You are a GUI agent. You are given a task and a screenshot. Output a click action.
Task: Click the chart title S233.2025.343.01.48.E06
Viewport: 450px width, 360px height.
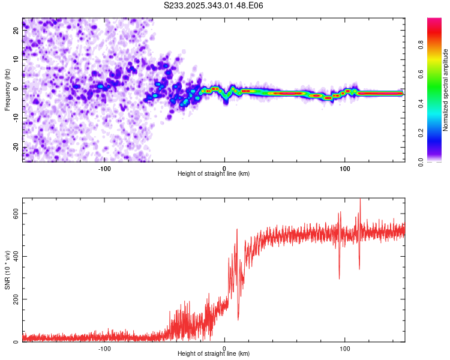click(213, 5)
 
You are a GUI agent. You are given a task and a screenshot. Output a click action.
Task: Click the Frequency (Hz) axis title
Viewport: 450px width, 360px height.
click(7, 90)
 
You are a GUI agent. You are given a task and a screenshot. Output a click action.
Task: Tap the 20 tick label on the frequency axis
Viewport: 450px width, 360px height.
click(16, 31)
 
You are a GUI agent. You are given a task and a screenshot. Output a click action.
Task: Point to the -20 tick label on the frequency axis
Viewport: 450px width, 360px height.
click(16, 147)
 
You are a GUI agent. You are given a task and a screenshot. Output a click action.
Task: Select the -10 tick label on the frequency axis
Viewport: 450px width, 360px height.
click(16, 118)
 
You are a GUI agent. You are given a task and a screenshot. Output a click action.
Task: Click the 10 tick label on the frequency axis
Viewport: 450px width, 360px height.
click(16, 59)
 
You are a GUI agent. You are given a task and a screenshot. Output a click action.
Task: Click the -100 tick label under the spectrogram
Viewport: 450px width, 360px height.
click(104, 169)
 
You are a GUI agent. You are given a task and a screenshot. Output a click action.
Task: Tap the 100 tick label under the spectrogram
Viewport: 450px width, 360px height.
click(344, 169)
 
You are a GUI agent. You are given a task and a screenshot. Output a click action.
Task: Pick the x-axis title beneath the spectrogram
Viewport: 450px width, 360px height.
click(214, 173)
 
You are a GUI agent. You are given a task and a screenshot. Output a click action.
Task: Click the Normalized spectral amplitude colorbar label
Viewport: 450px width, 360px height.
click(445, 90)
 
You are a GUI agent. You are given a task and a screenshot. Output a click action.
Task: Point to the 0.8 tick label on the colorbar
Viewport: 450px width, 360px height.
click(421, 45)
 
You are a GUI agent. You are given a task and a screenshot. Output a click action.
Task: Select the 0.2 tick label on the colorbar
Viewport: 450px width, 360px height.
click(421, 133)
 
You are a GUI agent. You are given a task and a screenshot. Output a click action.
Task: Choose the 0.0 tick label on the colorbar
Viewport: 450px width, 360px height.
click(421, 163)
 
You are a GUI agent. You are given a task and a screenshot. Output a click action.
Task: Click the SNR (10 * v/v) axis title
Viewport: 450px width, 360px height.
click(7, 270)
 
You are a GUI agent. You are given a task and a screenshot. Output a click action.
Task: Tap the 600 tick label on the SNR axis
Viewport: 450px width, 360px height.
click(16, 214)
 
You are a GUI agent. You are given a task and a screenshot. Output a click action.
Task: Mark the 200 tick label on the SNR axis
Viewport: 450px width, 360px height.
click(16, 299)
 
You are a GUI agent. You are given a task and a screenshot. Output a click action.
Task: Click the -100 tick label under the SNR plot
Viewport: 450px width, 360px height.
click(104, 349)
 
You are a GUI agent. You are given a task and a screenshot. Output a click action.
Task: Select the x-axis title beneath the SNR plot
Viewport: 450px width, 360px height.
click(214, 353)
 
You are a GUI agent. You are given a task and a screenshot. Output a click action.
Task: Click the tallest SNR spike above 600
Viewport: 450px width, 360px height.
click(360, 199)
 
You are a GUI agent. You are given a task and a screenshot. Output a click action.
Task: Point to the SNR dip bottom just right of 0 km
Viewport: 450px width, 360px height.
click(238, 320)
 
